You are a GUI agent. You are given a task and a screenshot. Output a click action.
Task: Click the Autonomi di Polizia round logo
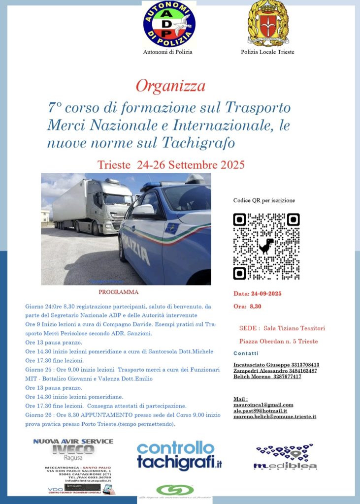coord(169,24)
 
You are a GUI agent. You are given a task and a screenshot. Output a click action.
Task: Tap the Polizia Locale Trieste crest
coord(267,24)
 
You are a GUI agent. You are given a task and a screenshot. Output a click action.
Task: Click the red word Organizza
coord(170,86)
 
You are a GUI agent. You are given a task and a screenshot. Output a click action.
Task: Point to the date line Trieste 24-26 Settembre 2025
coord(171,164)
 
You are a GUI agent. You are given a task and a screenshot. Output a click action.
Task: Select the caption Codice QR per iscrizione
coord(264,201)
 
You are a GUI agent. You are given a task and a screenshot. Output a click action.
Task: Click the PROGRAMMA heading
coord(125,292)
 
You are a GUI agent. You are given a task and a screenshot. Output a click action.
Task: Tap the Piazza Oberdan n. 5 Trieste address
coord(278,341)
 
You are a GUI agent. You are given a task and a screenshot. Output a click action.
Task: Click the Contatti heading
coord(246,353)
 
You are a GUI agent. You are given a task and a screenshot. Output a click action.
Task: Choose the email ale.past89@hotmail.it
coord(260,410)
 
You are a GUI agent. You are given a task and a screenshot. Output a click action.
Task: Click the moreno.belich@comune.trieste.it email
coord(274,416)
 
